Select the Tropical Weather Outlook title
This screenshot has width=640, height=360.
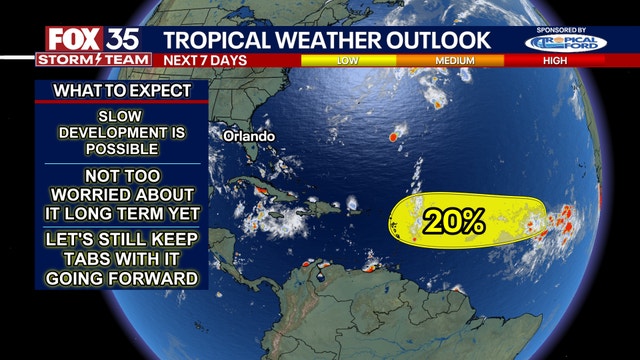click(327, 40)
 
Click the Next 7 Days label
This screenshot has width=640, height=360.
click(204, 60)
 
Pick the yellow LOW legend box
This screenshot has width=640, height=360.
click(348, 60)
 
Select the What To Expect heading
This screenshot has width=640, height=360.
click(119, 92)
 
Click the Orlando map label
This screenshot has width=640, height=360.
click(248, 135)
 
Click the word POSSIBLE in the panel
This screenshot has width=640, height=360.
click(120, 149)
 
